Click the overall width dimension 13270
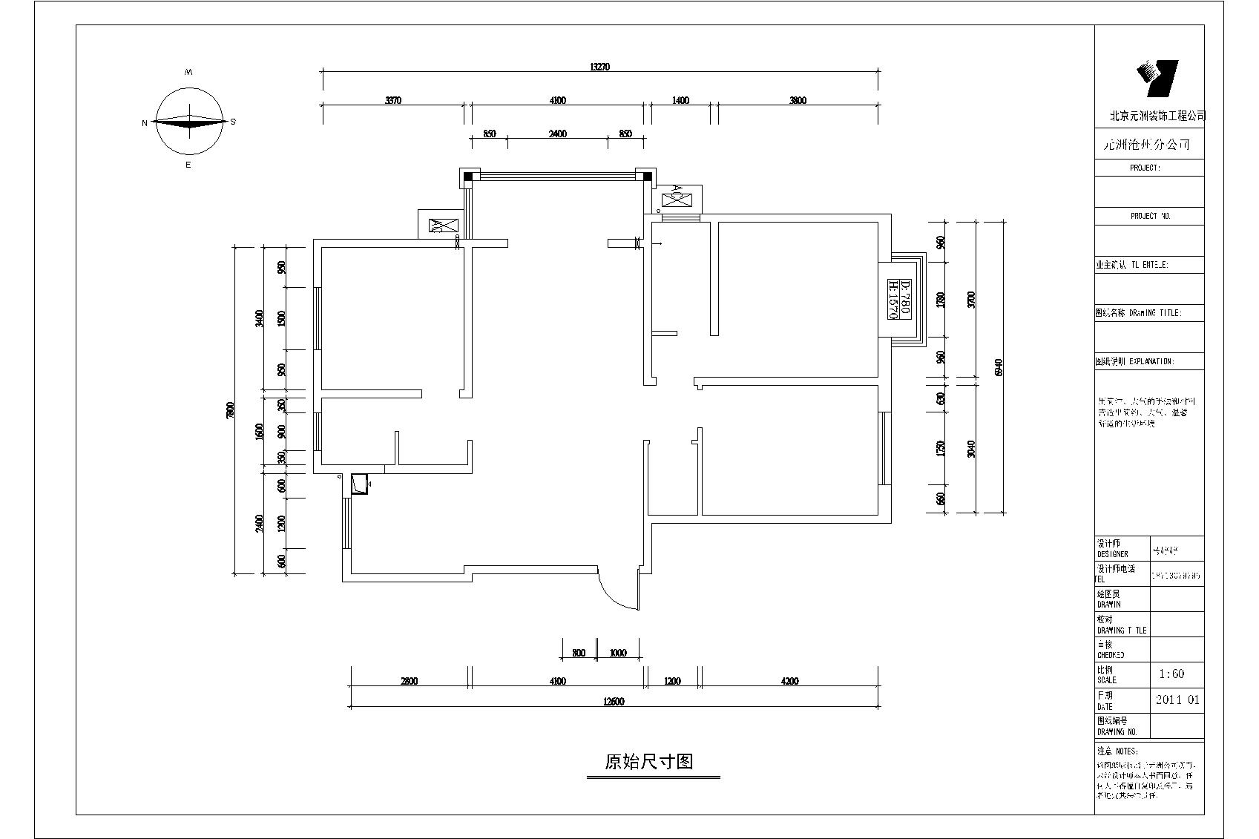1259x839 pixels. (x=599, y=67)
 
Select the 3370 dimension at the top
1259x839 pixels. (x=393, y=101)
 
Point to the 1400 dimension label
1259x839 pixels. (x=680, y=101)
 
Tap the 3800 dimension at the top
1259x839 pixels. (x=798, y=101)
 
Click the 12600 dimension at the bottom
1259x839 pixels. (x=613, y=702)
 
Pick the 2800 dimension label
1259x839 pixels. (x=409, y=681)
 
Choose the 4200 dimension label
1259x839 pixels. (x=790, y=681)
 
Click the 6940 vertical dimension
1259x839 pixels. (x=999, y=367)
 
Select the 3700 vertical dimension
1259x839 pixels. (x=972, y=300)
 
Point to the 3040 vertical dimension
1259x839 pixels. (x=972, y=448)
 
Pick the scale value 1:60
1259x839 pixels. (x=1171, y=674)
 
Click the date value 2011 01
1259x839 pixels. (x=1177, y=700)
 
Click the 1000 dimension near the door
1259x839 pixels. (x=618, y=654)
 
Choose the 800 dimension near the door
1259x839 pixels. (x=579, y=654)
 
